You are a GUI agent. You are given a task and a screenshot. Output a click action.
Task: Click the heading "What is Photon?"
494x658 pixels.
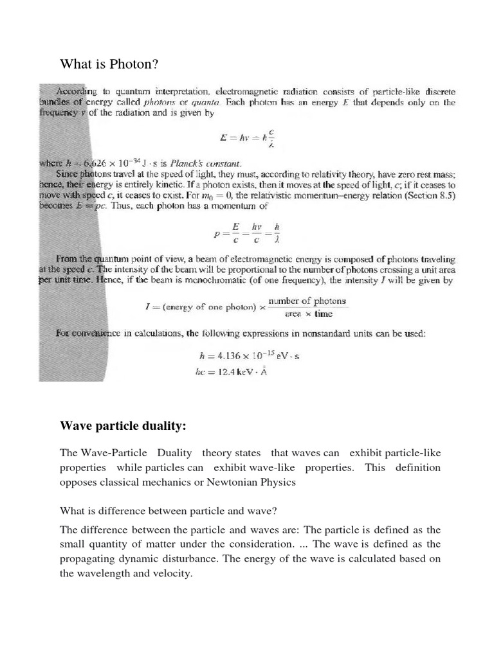click(109, 64)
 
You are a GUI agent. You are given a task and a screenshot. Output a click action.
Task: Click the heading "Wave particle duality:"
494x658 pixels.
click(123, 425)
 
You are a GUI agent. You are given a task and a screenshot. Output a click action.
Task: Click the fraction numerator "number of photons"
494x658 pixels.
click(307, 301)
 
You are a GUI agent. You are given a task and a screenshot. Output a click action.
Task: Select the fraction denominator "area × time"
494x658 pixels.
click(307, 314)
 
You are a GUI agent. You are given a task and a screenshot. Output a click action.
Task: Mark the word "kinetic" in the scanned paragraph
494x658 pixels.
click(170, 184)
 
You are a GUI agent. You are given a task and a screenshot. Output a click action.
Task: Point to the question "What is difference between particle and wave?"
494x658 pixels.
click(168, 511)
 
